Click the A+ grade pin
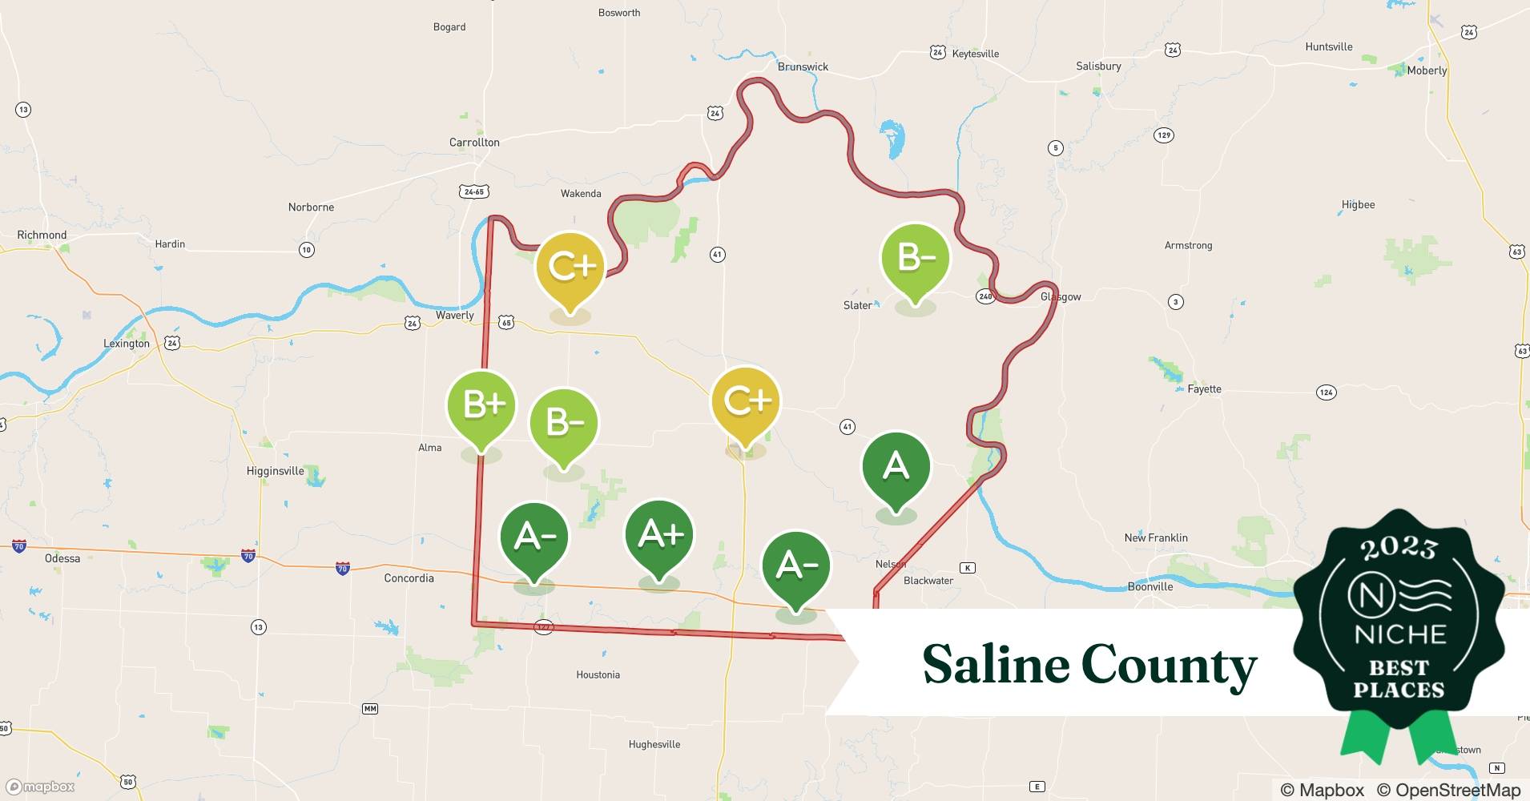pos(659,535)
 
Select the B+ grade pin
pos(481,405)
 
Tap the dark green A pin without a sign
pos(896,466)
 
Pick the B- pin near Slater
pos(915,259)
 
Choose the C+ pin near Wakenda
pos(570,267)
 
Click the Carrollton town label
pos(474,143)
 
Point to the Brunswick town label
pos(803,66)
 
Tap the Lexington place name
pos(127,344)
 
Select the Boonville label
pos(1150,586)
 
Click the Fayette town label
pos(1204,389)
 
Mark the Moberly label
pos(1427,70)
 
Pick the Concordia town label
pos(409,578)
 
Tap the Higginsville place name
pos(275,471)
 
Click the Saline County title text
pos(1089,665)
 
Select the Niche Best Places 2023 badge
pos(1399,625)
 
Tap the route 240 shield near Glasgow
pos(985,296)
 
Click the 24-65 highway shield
pos(474,192)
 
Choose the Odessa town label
pos(62,558)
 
